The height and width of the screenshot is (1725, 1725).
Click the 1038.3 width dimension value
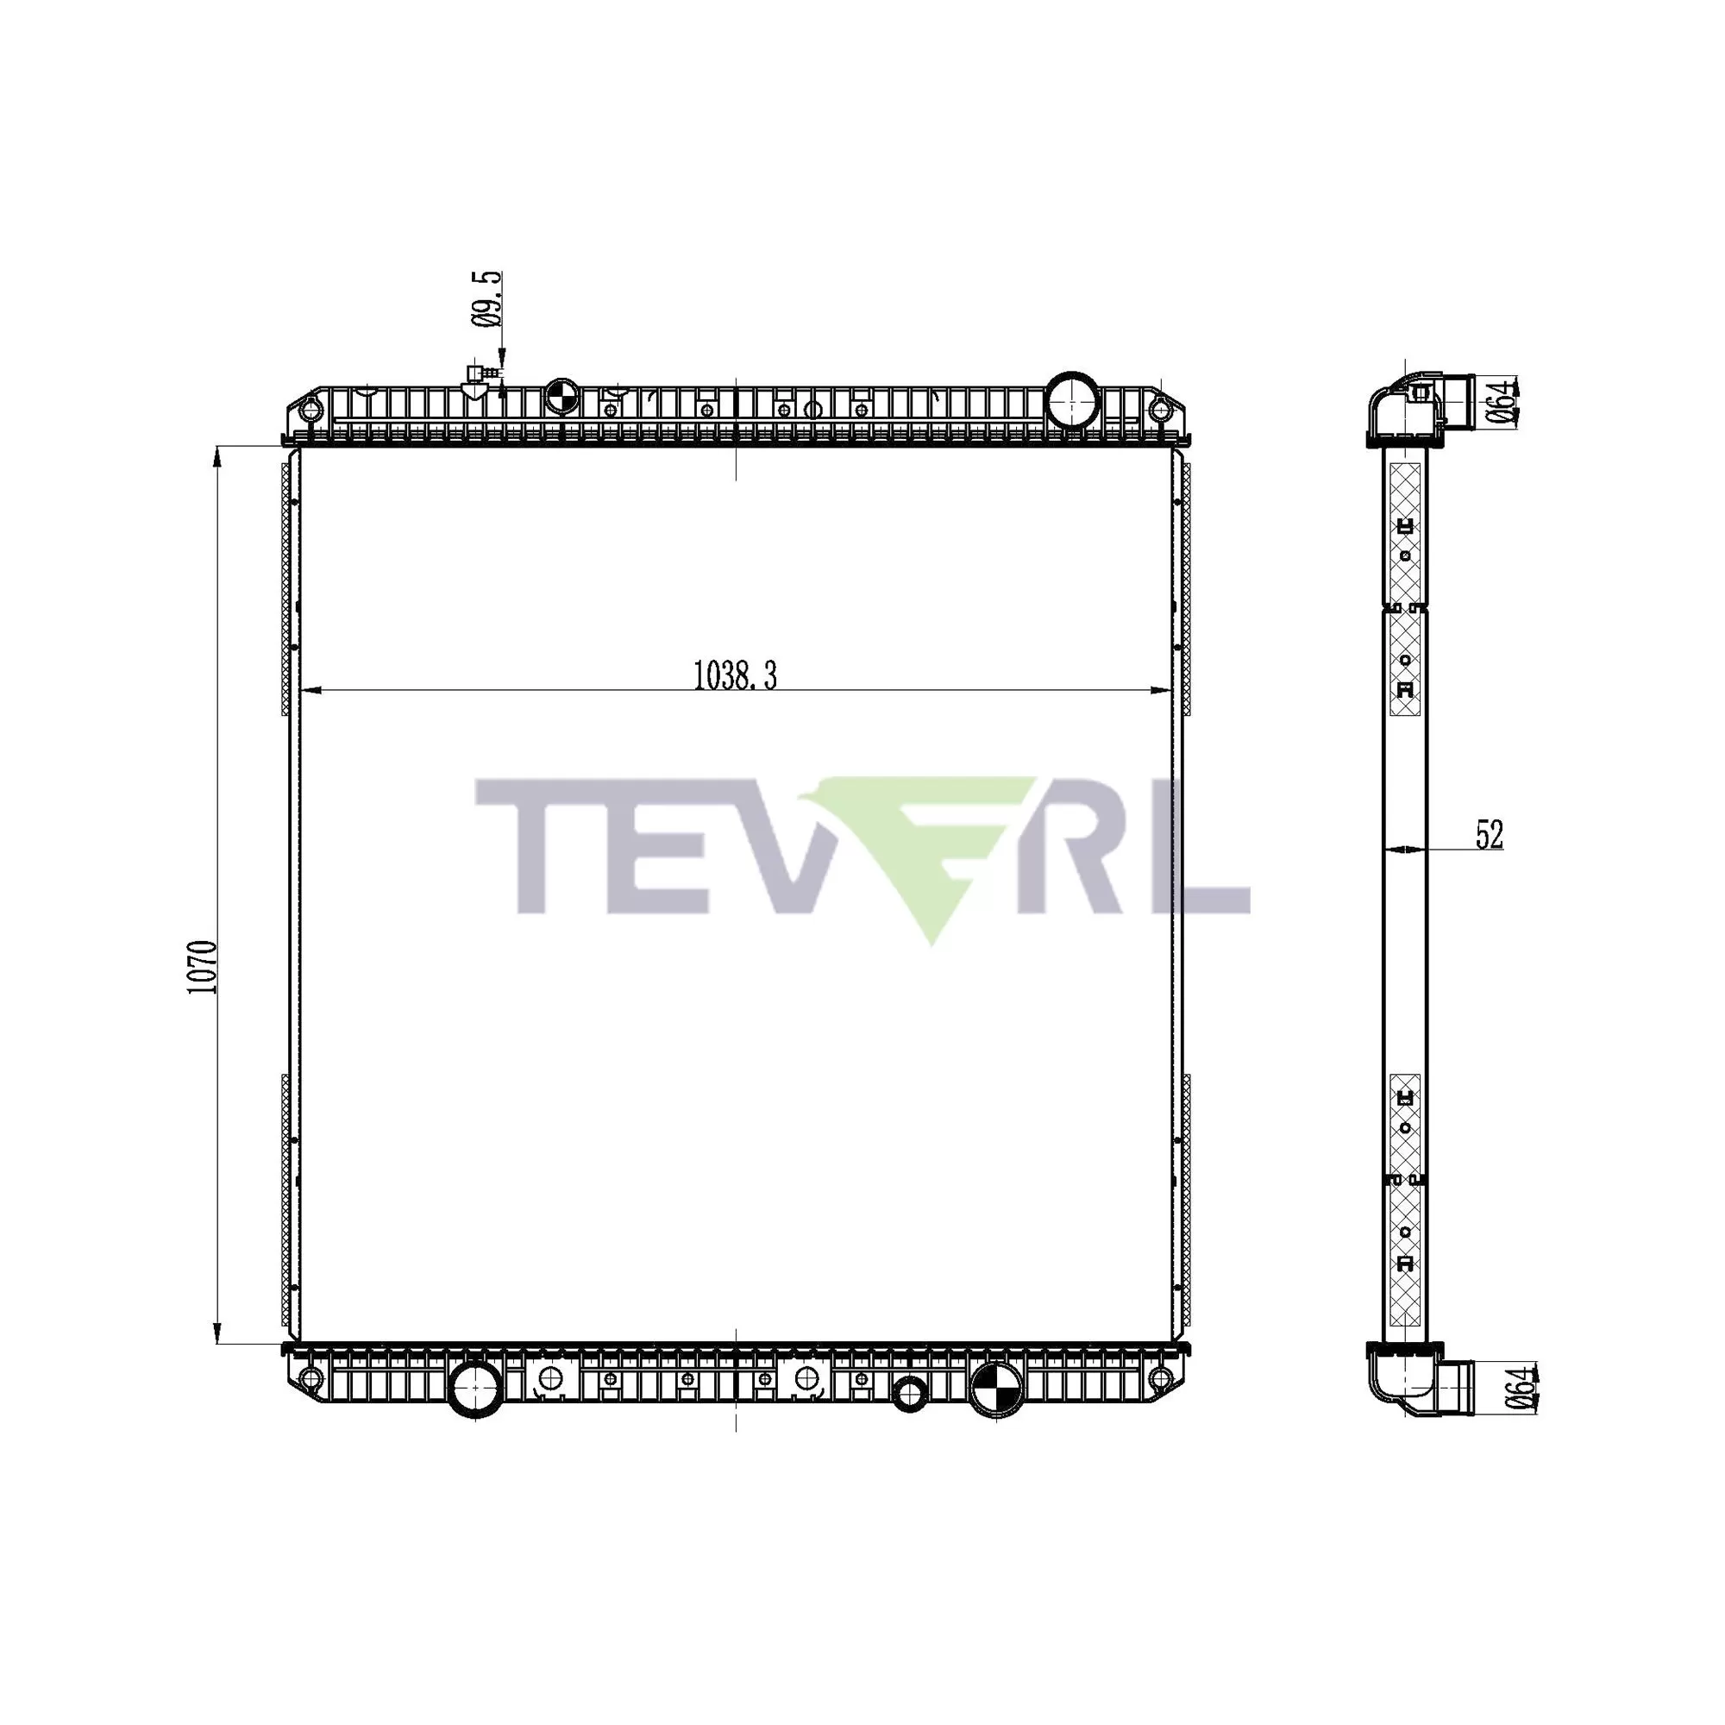(736, 676)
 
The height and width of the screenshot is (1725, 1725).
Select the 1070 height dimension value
(203, 968)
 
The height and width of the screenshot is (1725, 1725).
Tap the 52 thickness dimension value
(1490, 835)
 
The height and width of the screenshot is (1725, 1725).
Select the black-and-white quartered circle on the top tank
(562, 396)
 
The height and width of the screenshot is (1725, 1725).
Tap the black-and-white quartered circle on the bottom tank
(996, 1387)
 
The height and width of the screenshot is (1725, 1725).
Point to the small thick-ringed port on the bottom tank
(909, 1394)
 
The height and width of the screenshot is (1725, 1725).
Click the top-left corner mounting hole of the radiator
(310, 411)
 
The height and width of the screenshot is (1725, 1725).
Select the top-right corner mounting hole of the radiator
(1160, 411)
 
